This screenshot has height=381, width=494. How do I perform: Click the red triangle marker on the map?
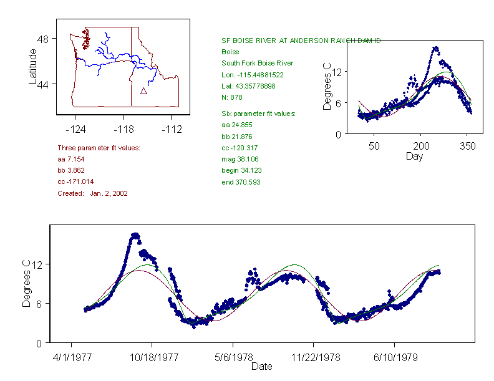[x=143, y=91]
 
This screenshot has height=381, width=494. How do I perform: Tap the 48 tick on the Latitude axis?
[x=43, y=39]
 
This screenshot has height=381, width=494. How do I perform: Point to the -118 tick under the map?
[x=123, y=129]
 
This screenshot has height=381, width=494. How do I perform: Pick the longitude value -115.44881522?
[x=253, y=75]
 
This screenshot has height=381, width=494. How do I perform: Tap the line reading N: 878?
[x=232, y=97]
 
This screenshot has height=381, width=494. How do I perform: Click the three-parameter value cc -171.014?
[x=77, y=182]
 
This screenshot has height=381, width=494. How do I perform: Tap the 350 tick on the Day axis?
[x=468, y=146]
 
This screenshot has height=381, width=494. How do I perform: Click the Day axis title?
[x=414, y=156]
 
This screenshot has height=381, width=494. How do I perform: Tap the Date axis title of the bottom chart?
[x=261, y=367]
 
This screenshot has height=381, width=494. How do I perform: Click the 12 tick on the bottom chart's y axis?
[x=37, y=264]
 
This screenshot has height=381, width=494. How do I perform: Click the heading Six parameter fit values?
[x=258, y=113]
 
